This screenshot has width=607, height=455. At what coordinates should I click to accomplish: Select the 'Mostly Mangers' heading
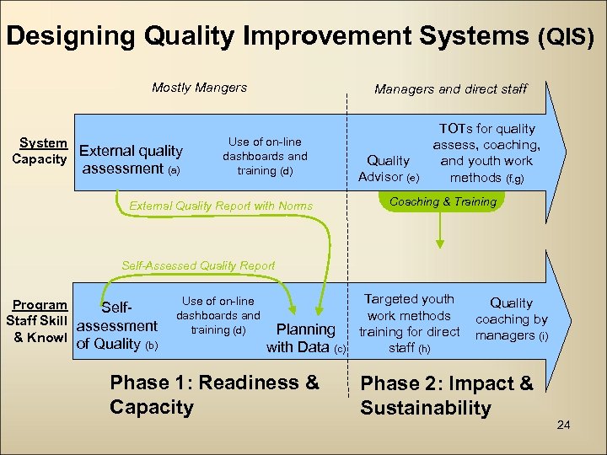[199, 88]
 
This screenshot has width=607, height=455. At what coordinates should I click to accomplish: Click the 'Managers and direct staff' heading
[450, 88]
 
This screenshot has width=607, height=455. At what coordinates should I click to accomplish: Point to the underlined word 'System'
[43, 143]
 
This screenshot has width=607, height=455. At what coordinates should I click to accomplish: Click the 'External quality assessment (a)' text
[131, 159]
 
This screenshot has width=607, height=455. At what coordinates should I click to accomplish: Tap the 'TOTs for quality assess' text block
[487, 153]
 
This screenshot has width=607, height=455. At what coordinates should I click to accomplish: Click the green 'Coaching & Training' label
[443, 201]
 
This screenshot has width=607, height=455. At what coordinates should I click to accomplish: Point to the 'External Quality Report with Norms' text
[221, 206]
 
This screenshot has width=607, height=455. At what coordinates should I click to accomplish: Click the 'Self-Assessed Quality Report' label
[198, 265]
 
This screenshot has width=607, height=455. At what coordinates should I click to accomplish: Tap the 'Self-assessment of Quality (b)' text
[117, 326]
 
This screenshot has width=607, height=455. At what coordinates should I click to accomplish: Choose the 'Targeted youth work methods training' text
[409, 323]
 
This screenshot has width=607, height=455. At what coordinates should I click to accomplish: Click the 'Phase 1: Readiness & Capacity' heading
[214, 394]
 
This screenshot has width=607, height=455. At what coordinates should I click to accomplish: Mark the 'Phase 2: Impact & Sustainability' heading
[447, 396]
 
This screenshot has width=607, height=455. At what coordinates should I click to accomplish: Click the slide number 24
[564, 424]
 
